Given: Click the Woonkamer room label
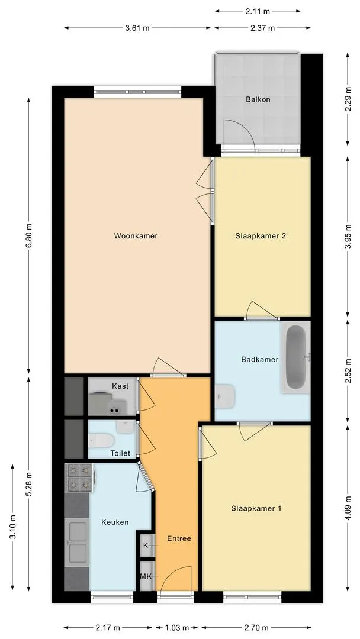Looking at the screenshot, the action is pyautogui.click(x=136, y=235).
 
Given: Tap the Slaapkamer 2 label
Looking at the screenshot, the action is pyautogui.click(x=260, y=236).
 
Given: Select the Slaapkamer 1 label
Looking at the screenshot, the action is pyautogui.click(x=256, y=508).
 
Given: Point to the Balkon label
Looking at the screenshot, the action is pyautogui.click(x=258, y=99).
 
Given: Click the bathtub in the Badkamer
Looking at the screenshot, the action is pyautogui.click(x=295, y=357).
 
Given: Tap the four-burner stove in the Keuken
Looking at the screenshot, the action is pyautogui.click(x=79, y=477).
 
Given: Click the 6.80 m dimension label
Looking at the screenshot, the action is pyautogui.click(x=28, y=235).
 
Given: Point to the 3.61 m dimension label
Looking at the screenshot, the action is pyautogui.click(x=137, y=28).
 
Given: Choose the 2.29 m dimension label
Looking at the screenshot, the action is pyautogui.click(x=348, y=99).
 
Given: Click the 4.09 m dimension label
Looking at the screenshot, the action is pyautogui.click(x=348, y=508).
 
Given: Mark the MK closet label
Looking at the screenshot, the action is pyautogui.click(x=145, y=576).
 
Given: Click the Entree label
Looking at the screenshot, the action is pyautogui.click(x=179, y=538).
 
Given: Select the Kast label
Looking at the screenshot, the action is pyautogui.click(x=120, y=386).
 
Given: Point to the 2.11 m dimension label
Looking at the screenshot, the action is pyautogui.click(x=258, y=11).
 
